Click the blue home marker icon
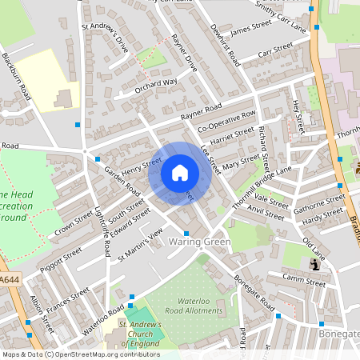pyautogui.click(x=180, y=173)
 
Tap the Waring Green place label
pyautogui.click(x=199, y=242)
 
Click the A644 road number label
pyautogui.click(x=9, y=278)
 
